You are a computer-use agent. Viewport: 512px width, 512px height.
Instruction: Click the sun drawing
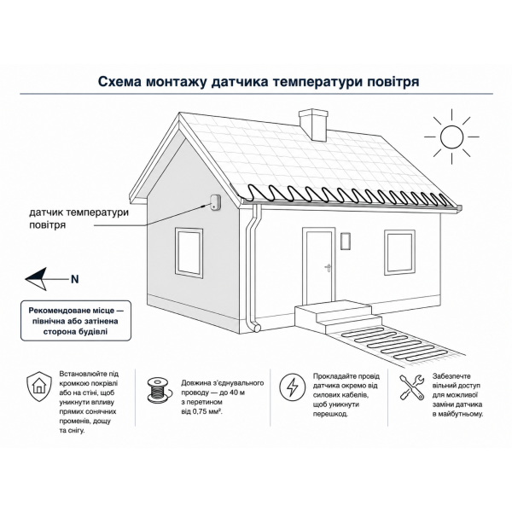(x=451, y=137)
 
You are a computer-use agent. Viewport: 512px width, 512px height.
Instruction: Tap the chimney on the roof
(x=313, y=125)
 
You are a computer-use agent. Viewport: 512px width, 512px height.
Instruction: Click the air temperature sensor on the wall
(x=215, y=202)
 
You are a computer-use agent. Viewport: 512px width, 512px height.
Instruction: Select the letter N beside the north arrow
(x=75, y=279)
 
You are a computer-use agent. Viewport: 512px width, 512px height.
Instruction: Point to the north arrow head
(x=36, y=279)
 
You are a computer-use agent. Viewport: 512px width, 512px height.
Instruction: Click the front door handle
(x=328, y=267)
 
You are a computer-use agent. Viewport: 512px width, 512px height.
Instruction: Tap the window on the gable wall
(x=189, y=253)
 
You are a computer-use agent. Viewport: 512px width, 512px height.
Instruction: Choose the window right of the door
(x=399, y=253)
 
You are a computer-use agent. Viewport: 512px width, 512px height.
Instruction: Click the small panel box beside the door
(x=346, y=241)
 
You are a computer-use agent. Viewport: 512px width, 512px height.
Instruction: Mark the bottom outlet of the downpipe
(x=258, y=328)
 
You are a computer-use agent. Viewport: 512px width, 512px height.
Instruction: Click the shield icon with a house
(x=39, y=387)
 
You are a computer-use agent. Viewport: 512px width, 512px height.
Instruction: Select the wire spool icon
(x=159, y=389)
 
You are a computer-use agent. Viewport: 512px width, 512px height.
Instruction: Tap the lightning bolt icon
(x=292, y=387)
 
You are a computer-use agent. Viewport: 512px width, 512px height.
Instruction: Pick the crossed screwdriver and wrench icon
(x=412, y=387)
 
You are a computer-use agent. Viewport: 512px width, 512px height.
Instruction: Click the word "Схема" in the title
(x=119, y=82)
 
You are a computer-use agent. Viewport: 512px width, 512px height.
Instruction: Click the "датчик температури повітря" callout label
(x=79, y=218)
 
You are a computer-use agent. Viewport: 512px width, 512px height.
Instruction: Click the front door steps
(x=337, y=317)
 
